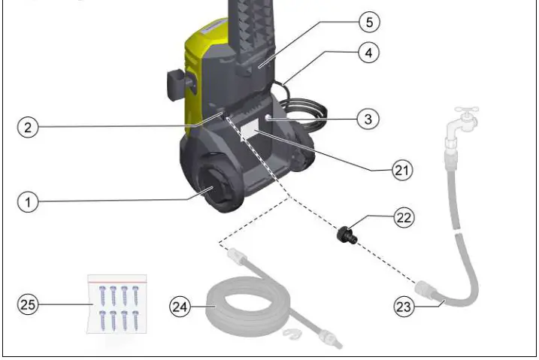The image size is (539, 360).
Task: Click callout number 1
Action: point(29,202)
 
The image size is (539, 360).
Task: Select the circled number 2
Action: point(29,127)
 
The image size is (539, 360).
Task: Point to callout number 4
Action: point(368,53)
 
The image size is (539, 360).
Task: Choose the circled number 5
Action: point(368,22)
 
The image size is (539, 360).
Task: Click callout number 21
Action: point(403,170)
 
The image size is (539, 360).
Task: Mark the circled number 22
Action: point(404,218)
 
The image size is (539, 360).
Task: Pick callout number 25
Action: point(29,304)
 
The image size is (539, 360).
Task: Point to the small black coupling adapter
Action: point(347,234)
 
